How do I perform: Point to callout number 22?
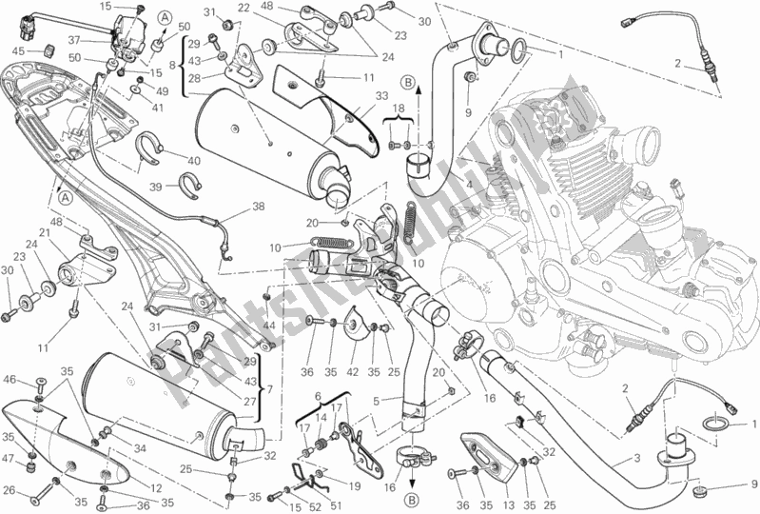pyautogui.click(x=244, y=8)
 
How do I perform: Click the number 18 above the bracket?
pyautogui.click(x=399, y=111)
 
